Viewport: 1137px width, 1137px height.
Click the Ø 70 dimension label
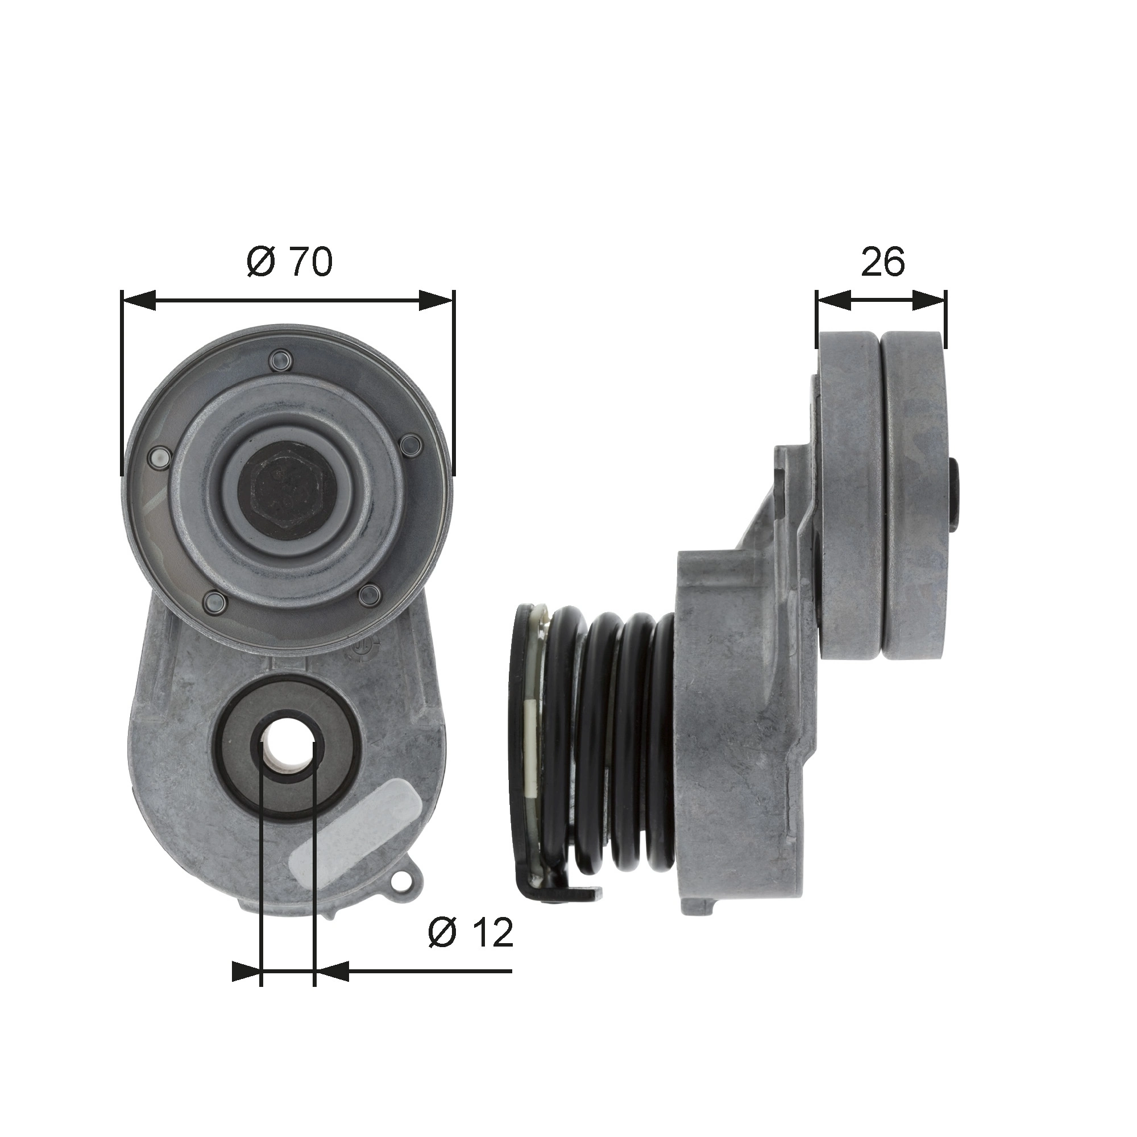click(x=289, y=262)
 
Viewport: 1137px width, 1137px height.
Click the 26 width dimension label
click(x=882, y=262)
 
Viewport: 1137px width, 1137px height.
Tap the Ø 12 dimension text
click(x=471, y=932)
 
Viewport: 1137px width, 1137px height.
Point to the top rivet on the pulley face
click(x=279, y=360)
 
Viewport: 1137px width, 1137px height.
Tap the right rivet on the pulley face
click(x=412, y=445)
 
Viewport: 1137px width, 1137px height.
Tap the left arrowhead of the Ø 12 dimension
click(x=246, y=972)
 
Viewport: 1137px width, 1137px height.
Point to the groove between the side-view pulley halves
click(x=881, y=495)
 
